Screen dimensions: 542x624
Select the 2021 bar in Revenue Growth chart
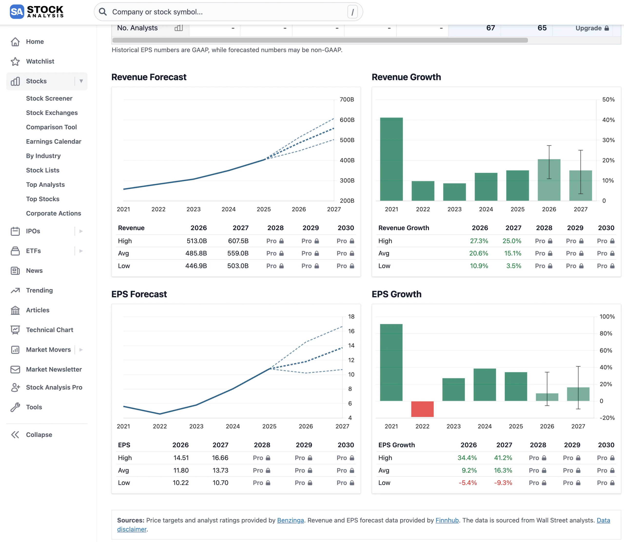click(391, 159)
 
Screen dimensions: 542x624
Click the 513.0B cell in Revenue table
click(196, 241)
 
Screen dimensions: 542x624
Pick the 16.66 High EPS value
click(220, 458)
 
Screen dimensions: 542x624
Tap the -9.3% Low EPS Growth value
click(503, 483)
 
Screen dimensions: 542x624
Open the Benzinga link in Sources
click(290, 520)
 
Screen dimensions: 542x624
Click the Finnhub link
click(447, 520)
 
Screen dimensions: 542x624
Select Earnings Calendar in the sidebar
click(54, 142)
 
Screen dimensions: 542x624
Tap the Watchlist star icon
click(15, 61)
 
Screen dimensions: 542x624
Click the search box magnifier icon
click(103, 12)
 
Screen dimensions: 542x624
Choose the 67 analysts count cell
click(490, 28)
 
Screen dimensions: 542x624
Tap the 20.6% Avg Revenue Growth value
click(478, 254)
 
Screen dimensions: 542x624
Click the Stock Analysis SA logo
click(17, 12)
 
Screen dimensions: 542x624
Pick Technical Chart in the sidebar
click(49, 330)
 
